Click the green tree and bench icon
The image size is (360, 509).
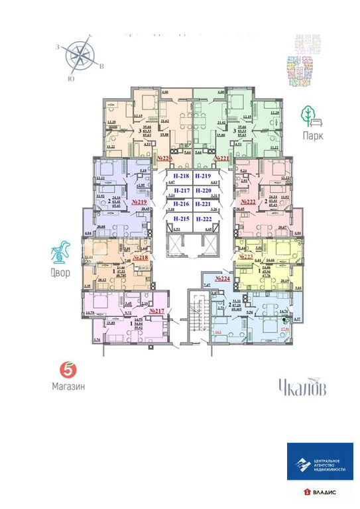pyautogui.click(x=310, y=117)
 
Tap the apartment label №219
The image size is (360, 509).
pyautogui.click(x=139, y=201)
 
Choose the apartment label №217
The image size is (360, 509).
pyautogui.click(x=156, y=310)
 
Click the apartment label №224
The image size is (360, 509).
pyautogui.click(x=221, y=279)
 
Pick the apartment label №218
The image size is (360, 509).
pyautogui.click(x=141, y=256)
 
